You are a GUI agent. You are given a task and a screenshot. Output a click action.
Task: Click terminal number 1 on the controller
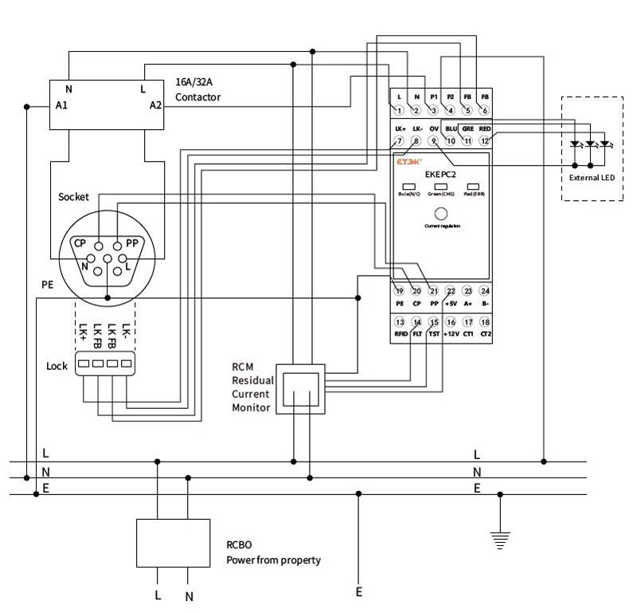pos(399,109)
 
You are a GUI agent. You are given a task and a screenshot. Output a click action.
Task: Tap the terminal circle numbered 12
pos(484,141)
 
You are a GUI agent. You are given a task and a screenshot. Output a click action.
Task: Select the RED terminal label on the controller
pos(484,128)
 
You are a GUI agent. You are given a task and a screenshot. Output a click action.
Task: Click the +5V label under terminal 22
pos(451,304)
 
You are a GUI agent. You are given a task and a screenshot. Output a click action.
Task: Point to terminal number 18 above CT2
pos(484,321)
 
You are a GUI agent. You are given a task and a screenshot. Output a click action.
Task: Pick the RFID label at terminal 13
pos(400,334)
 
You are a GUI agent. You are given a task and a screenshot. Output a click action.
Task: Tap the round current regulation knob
pos(440,214)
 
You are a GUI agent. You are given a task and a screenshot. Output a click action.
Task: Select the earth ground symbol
pos(500,541)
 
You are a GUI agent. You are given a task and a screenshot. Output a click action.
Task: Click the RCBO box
pos(173,543)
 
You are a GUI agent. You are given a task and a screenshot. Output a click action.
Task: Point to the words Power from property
pos(273,560)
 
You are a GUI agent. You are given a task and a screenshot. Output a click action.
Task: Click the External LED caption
pos(592,177)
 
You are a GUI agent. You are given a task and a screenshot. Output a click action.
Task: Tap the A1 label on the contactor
pos(61,104)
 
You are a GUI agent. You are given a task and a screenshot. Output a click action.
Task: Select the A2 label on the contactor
pos(155,104)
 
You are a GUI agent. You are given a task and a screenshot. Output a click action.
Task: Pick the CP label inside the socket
pos(80,243)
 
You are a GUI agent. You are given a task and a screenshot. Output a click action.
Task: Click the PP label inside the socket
pos(132,243)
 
